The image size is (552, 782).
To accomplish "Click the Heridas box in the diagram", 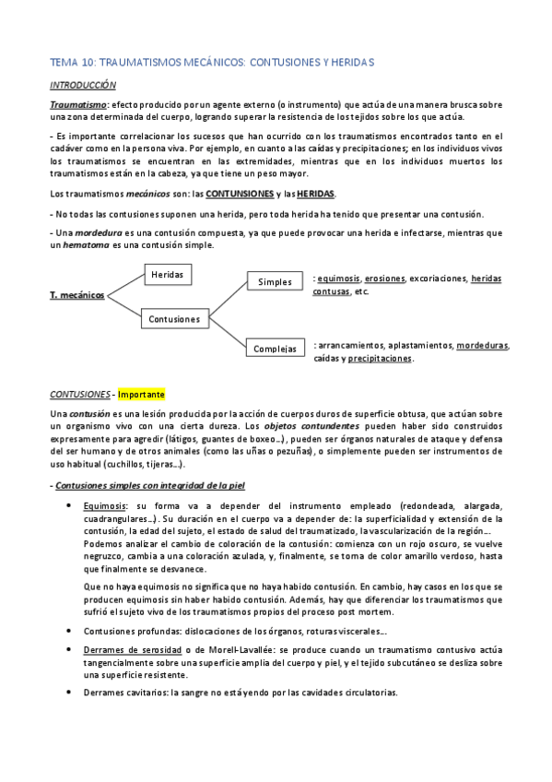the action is pyautogui.click(x=166, y=275).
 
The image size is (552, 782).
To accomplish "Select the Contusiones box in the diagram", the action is pyautogui.click(x=173, y=319).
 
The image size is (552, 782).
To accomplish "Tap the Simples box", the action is pyautogui.click(x=274, y=281).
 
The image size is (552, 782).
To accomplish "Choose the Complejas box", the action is pyautogui.click(x=276, y=350).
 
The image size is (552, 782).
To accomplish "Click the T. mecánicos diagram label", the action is pyautogui.click(x=77, y=295).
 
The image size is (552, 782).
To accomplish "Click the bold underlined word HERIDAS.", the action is pyautogui.click(x=316, y=194).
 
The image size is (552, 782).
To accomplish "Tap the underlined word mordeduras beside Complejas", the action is pyautogui.click(x=482, y=346).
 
